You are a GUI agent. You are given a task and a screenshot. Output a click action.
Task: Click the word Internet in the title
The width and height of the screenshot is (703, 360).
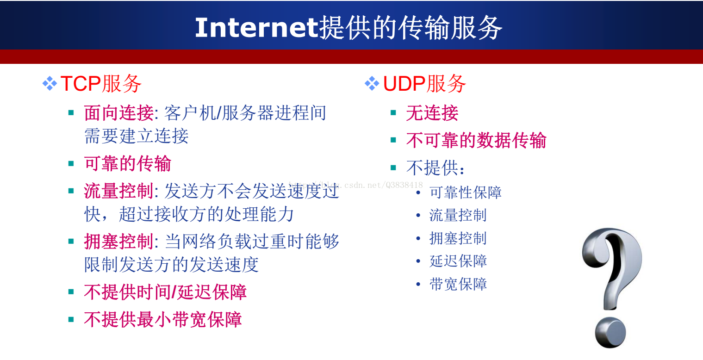tap(257, 28)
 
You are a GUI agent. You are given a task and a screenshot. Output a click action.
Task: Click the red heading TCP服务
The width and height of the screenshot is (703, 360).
tap(101, 84)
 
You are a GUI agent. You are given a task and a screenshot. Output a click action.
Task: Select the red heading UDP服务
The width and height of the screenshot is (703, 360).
tap(424, 84)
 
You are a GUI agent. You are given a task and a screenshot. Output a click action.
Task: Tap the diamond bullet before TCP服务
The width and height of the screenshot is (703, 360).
tap(50, 83)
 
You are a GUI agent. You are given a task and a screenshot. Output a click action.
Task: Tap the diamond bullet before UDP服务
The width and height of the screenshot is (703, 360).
tap(372, 83)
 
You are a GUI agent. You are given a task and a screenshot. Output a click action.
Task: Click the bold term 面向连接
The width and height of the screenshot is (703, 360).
tap(119, 113)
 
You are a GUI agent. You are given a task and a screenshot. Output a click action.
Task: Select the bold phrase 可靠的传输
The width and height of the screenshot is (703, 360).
tap(128, 163)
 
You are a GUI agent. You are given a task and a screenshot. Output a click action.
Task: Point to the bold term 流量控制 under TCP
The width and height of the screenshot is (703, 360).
tap(119, 191)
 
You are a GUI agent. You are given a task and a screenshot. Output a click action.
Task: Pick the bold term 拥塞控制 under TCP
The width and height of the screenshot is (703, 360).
tap(119, 242)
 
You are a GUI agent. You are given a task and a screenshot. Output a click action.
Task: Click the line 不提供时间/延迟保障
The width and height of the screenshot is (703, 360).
tap(165, 292)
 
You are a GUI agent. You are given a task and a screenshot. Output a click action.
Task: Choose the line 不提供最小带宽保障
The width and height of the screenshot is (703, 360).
tap(163, 320)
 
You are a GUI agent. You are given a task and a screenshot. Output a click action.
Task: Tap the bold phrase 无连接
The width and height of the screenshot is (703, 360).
tap(432, 113)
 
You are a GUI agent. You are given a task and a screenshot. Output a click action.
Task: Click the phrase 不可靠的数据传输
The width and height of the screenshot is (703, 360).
tap(476, 140)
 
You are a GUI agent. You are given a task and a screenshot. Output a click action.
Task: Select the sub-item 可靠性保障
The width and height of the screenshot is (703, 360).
tap(466, 192)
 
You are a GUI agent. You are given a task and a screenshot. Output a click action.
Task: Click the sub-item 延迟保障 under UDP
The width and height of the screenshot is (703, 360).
tap(458, 261)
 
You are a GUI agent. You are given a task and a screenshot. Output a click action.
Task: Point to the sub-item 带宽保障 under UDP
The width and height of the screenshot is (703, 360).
tap(458, 284)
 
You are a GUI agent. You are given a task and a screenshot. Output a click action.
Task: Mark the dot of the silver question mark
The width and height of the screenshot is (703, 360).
tap(610, 333)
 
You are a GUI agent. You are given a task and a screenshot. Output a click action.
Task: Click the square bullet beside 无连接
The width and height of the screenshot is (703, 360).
tap(393, 113)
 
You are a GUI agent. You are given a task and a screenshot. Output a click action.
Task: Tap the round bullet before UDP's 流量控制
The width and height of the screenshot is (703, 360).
tap(418, 215)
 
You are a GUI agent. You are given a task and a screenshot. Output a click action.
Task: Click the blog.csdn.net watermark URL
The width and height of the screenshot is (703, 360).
tap(355, 185)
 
